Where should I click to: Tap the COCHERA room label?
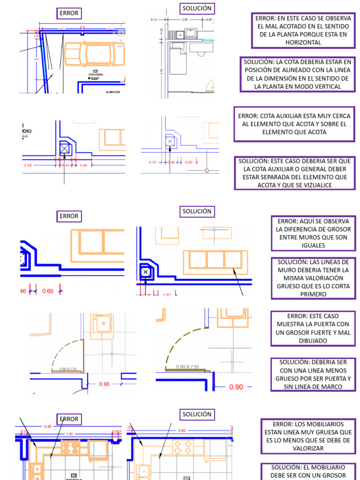coord(95,75)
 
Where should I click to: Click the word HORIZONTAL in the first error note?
coord(303,43)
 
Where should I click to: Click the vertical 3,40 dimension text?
coord(160,71)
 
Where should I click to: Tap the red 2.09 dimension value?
coord(28,165)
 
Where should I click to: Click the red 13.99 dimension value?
coord(47,427)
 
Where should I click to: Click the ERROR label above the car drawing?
coord(69,13)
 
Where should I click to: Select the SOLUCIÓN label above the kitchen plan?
coord(197,414)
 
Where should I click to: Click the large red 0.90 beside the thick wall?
coord(236,387)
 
